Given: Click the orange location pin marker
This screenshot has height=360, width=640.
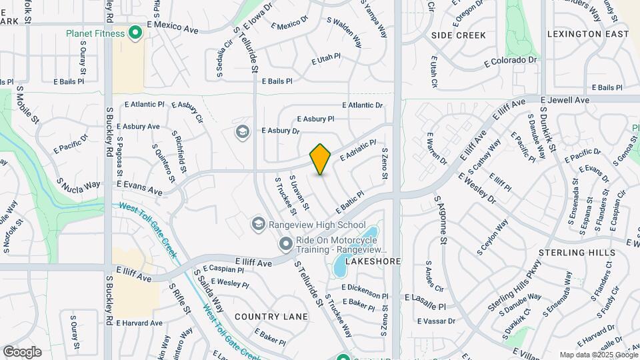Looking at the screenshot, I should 321,159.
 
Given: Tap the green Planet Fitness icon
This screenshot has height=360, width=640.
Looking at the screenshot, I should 135,33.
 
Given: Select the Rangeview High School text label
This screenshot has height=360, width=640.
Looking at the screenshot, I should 317,225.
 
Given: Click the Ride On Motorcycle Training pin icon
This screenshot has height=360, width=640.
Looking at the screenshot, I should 286,244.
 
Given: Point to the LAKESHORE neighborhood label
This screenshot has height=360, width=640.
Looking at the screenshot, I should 373,262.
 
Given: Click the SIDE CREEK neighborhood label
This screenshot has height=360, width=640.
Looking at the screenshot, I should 459,35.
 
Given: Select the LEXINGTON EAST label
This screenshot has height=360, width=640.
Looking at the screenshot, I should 587,34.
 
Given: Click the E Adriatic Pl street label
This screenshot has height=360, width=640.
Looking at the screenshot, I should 358,151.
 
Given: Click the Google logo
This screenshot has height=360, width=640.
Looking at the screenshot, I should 22,351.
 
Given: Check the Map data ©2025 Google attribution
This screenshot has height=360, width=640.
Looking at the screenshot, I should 597,355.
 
